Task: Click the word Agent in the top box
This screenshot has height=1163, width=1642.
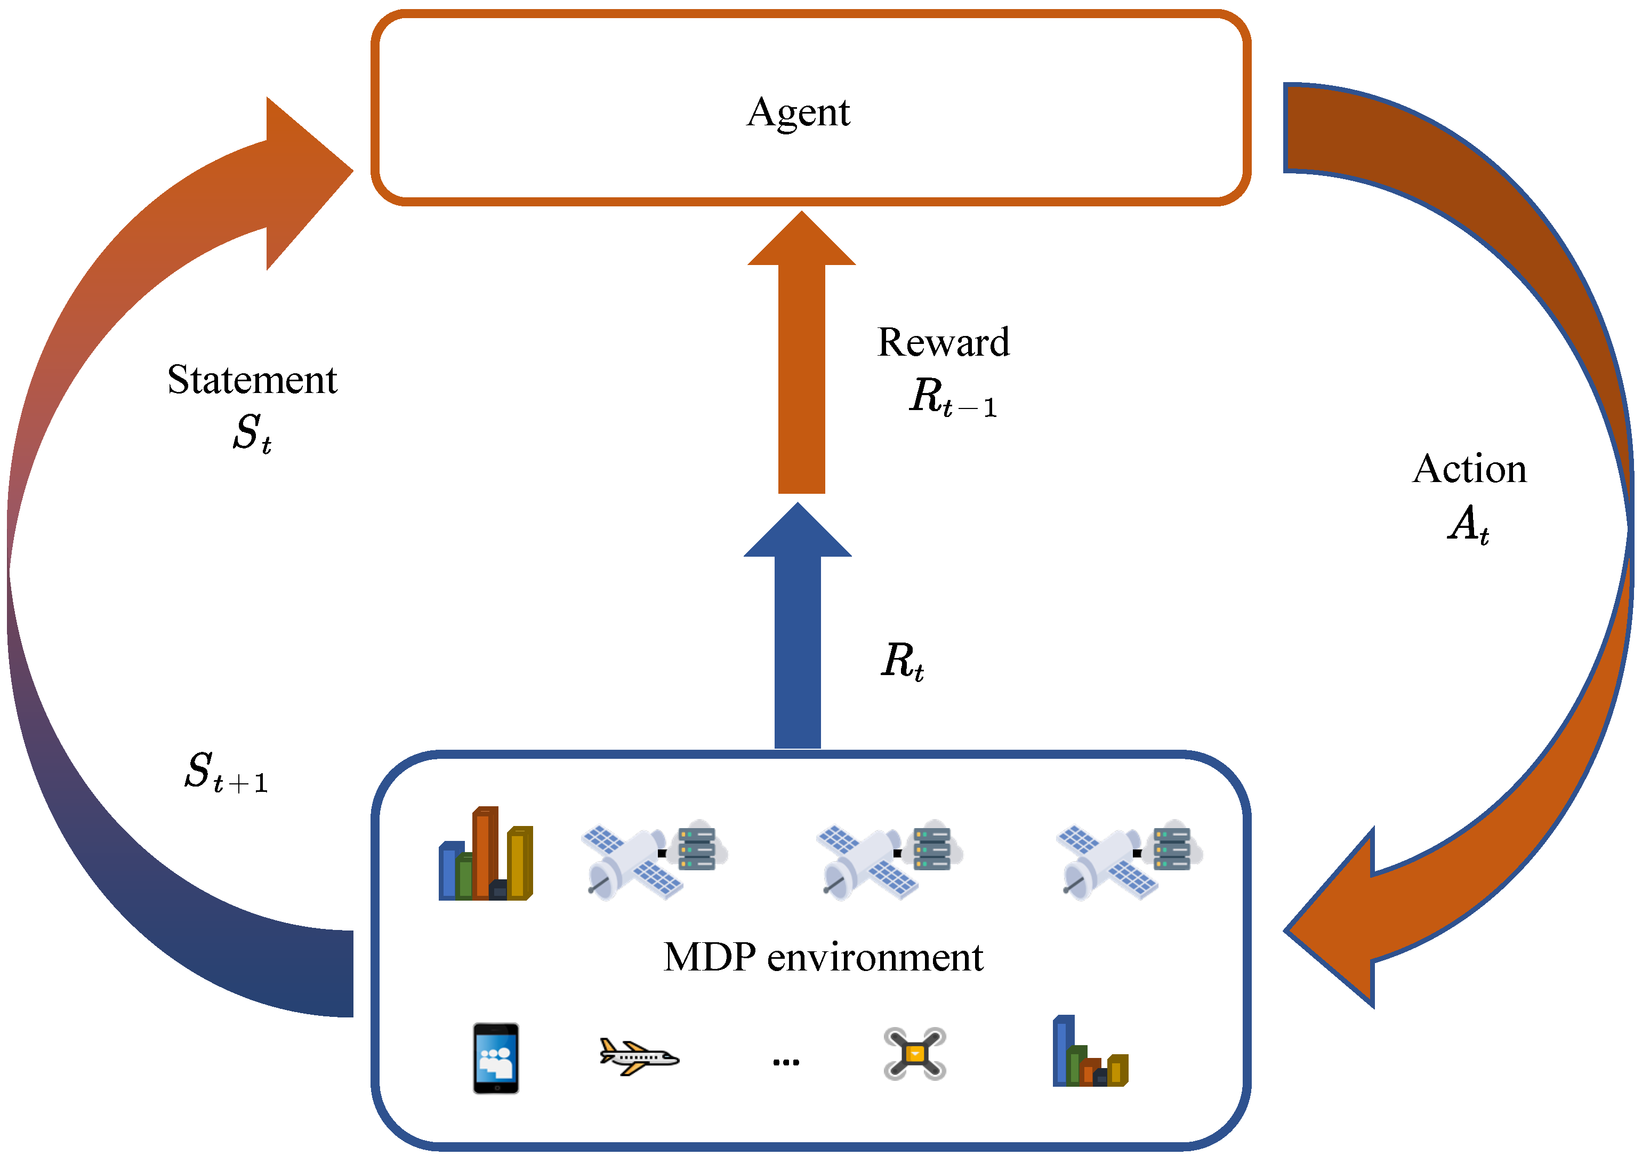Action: point(798,113)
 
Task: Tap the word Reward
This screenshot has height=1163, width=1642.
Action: point(944,342)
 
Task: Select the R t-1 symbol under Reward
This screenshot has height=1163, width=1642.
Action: point(953,397)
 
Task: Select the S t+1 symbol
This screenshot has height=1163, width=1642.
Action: point(226,772)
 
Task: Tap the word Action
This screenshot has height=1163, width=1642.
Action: point(1469,469)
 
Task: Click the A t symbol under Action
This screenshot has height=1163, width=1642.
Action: point(1468,525)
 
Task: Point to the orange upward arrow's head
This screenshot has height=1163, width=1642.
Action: point(802,238)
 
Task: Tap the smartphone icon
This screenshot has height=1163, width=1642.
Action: point(496,1058)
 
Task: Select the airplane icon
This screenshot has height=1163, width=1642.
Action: point(639,1056)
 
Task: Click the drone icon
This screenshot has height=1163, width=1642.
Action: point(915,1054)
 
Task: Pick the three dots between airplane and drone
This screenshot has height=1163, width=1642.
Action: point(786,1062)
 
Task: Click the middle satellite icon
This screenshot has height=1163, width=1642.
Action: point(890,860)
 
